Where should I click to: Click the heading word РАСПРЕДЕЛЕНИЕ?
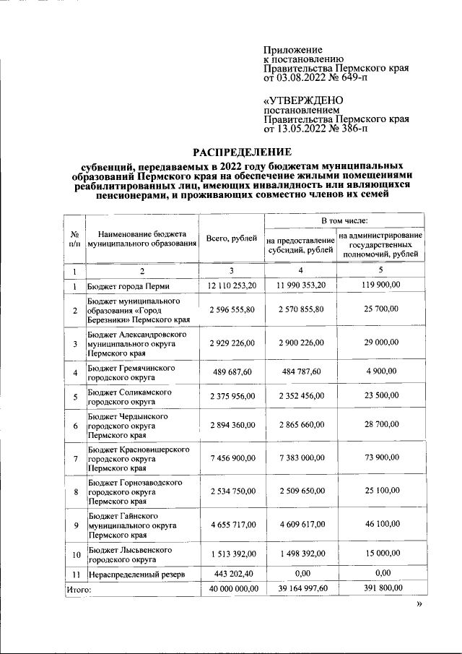click(x=241, y=152)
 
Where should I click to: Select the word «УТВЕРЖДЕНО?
click(x=304, y=100)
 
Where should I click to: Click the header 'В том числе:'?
click(x=344, y=220)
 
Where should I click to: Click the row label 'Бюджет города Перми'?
click(x=128, y=287)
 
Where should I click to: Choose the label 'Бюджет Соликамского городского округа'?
click(x=129, y=396)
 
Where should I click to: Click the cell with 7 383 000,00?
click(x=301, y=459)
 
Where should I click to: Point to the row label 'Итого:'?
click(x=79, y=590)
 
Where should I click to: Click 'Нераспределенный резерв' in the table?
click(x=136, y=575)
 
